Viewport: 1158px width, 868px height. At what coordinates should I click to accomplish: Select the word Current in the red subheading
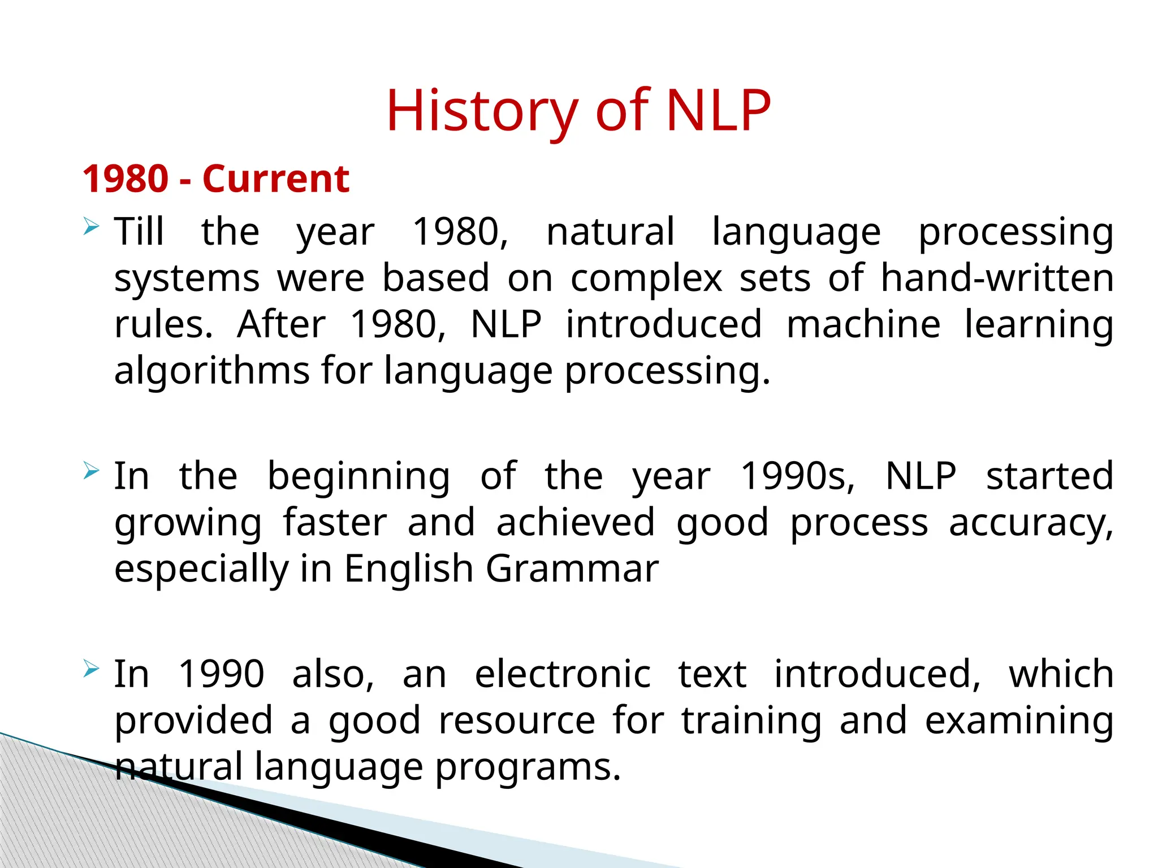coord(276,179)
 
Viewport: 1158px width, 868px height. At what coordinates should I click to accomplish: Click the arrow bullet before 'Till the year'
coord(90,227)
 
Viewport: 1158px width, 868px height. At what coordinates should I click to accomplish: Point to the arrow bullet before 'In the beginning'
coord(90,470)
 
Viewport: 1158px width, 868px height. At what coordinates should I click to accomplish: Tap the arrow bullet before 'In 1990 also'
coord(90,669)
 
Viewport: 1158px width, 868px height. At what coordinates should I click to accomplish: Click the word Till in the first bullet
coord(139,232)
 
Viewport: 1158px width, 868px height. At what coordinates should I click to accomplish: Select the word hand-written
coord(997,278)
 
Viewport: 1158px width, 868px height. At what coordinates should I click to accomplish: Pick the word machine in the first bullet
coord(863,324)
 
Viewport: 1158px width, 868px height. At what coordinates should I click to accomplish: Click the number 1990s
coord(797,476)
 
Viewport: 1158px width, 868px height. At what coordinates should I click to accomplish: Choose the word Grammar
coord(572,569)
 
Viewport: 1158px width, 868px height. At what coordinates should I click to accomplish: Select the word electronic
coord(563,674)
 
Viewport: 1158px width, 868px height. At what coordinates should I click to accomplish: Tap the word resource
coord(517,721)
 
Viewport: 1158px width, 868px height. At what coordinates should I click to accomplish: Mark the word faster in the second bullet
coord(335,522)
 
